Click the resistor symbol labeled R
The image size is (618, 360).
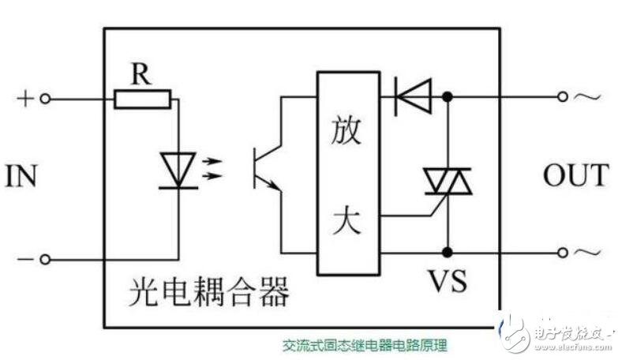pos(142,99)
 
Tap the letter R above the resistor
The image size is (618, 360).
pos(141,74)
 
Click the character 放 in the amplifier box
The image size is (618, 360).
pos(346,130)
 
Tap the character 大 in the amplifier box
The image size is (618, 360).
pos(346,219)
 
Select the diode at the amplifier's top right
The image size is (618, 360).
pos(412,97)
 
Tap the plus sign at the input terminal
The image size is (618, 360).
pos(24,98)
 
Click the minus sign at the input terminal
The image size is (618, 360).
pos(24,258)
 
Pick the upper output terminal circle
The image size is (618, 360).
pos(562,97)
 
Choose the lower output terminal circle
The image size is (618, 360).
pos(562,253)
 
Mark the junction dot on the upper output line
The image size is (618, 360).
pos(448,97)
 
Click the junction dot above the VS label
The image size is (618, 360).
pos(448,253)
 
